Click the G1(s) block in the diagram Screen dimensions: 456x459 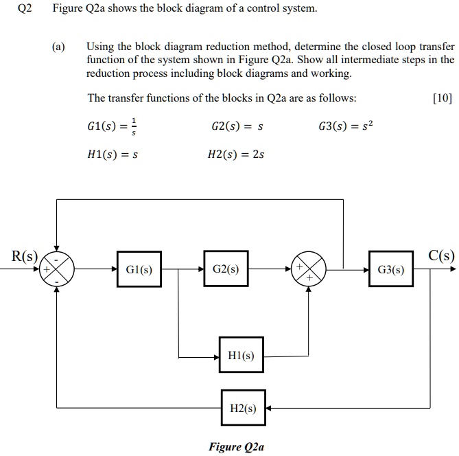(x=139, y=269)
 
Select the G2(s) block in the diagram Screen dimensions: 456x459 (x=226, y=269)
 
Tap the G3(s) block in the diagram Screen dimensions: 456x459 (x=391, y=269)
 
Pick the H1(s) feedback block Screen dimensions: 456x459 (x=241, y=355)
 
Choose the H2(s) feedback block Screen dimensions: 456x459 (x=242, y=408)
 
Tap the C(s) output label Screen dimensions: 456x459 (x=441, y=256)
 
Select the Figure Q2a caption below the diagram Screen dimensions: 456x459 (x=235, y=447)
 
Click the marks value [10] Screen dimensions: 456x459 (x=443, y=98)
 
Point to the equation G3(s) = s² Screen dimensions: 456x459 (x=346, y=126)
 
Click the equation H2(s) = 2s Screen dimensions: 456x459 (x=235, y=155)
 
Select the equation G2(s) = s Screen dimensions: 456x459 (x=237, y=126)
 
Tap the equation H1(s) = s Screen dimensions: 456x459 (x=113, y=155)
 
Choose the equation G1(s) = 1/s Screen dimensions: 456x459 (x=113, y=126)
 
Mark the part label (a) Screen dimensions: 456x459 (x=59, y=47)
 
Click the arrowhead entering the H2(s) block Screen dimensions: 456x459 (x=270, y=408)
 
